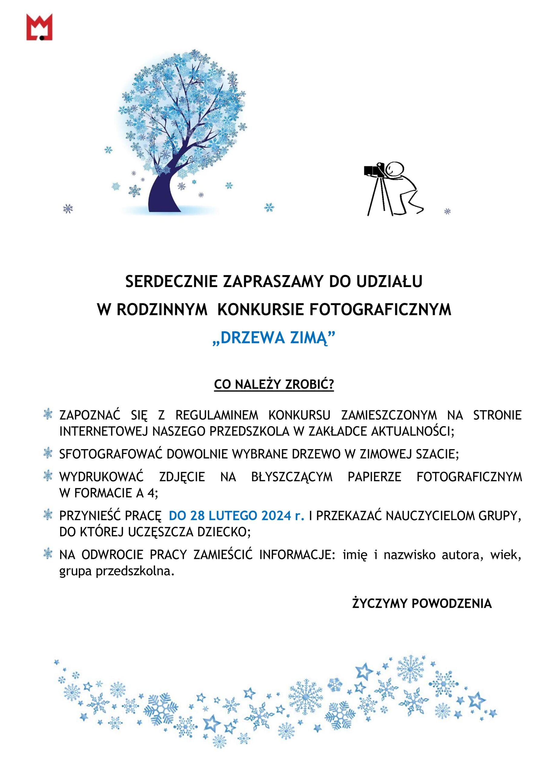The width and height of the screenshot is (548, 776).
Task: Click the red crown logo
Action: click(39, 27)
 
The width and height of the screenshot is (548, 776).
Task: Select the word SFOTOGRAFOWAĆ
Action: click(111, 454)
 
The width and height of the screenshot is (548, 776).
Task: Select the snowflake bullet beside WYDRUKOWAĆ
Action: click(48, 477)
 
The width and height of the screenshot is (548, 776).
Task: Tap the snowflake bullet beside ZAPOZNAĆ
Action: click(48, 415)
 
